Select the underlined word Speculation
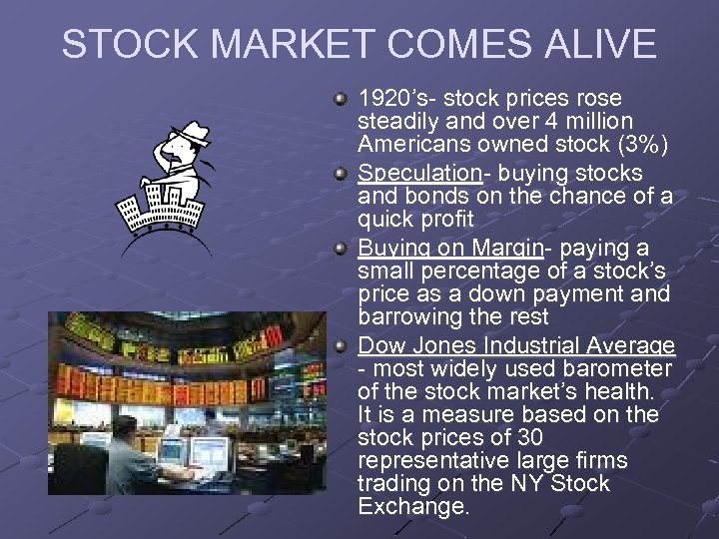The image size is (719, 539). click(x=419, y=174)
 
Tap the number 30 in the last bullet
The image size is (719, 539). click(x=528, y=437)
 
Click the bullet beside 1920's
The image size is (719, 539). click(x=342, y=99)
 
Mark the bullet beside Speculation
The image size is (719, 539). click(x=342, y=174)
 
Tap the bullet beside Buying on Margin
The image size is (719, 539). click(x=342, y=248)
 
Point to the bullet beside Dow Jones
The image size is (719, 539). click(x=342, y=346)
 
